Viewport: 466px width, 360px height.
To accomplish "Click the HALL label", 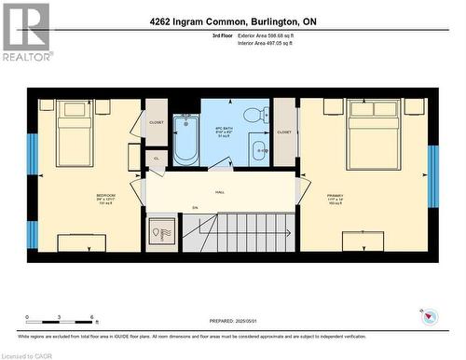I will tap(220, 192).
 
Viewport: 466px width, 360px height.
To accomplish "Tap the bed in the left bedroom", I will tap(74, 133).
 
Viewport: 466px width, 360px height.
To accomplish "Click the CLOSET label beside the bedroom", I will tap(156, 122).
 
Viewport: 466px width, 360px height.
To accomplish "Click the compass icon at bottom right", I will tap(428, 317).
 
